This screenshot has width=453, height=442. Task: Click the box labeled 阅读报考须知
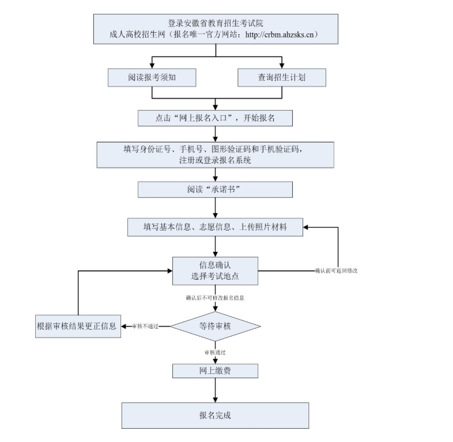pos(152,78)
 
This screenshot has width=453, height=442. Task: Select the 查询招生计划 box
pos(281,78)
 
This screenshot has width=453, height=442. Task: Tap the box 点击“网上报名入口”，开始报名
pos(216,118)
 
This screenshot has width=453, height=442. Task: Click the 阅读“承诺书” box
pos(216,189)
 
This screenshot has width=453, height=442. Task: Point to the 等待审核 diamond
pos(216,326)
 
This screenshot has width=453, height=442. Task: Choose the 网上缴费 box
pos(216,371)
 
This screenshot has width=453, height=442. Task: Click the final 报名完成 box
pos(216,415)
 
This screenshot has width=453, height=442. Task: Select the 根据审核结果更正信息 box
pos(77,326)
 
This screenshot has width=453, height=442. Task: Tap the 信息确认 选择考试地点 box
pos(216,270)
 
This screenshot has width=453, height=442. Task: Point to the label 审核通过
pos(215,352)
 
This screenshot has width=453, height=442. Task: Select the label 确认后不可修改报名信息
pos(215,298)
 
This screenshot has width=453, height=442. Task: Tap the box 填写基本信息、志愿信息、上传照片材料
pos(216,227)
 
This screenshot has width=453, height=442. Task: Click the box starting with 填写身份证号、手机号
pos(216,154)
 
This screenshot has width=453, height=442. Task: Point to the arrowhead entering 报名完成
pos(216,399)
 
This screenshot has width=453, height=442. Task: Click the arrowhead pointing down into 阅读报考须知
pos(152,65)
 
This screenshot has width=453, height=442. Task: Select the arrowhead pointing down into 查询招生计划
pos(281,65)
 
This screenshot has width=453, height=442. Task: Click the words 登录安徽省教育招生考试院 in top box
pos(216,23)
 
